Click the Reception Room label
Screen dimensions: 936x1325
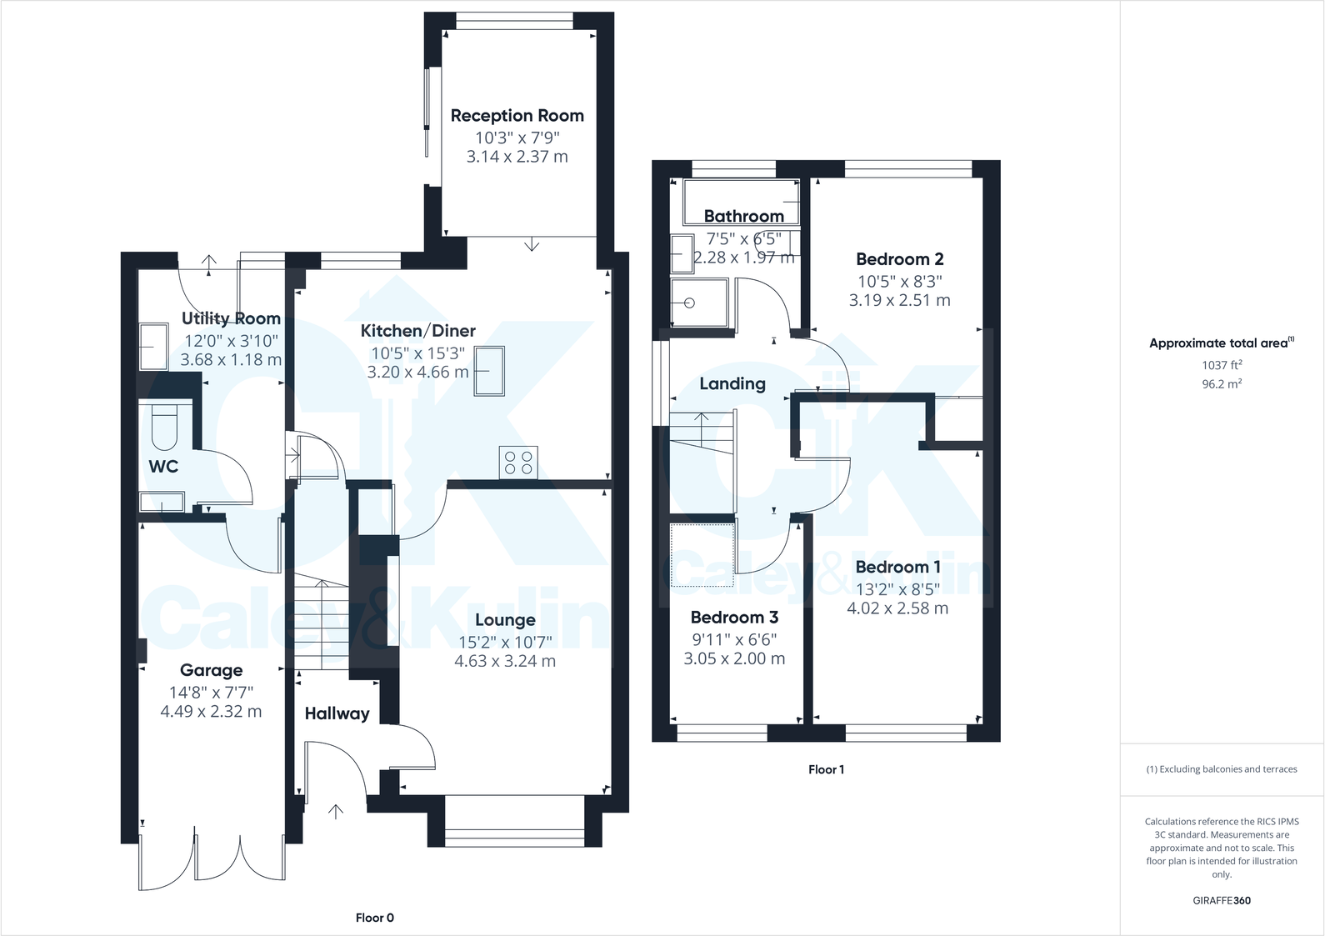pyautogui.click(x=517, y=116)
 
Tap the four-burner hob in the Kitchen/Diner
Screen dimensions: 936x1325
pyautogui.click(x=517, y=463)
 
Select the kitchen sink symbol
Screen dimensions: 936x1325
pyautogui.click(x=489, y=370)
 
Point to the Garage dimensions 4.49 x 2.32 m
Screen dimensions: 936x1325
pyautogui.click(x=211, y=711)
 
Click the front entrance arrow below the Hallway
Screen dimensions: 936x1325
pyautogui.click(x=336, y=811)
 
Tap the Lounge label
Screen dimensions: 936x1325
pyautogui.click(x=505, y=620)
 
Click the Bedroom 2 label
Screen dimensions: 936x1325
pyautogui.click(x=899, y=259)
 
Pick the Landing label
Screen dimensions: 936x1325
pyautogui.click(x=732, y=384)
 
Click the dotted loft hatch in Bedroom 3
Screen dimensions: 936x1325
pyautogui.click(x=702, y=554)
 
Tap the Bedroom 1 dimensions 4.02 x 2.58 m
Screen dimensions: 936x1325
pyautogui.click(x=897, y=608)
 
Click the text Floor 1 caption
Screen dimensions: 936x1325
pyautogui.click(x=826, y=769)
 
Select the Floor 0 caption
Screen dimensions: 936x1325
pyautogui.click(x=374, y=918)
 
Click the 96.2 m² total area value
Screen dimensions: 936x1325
pyautogui.click(x=1222, y=384)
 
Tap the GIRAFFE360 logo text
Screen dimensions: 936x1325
pyautogui.click(x=1222, y=900)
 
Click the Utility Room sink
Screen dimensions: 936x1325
pyautogui.click(x=152, y=347)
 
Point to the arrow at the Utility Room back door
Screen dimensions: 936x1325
pyautogui.click(x=208, y=263)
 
